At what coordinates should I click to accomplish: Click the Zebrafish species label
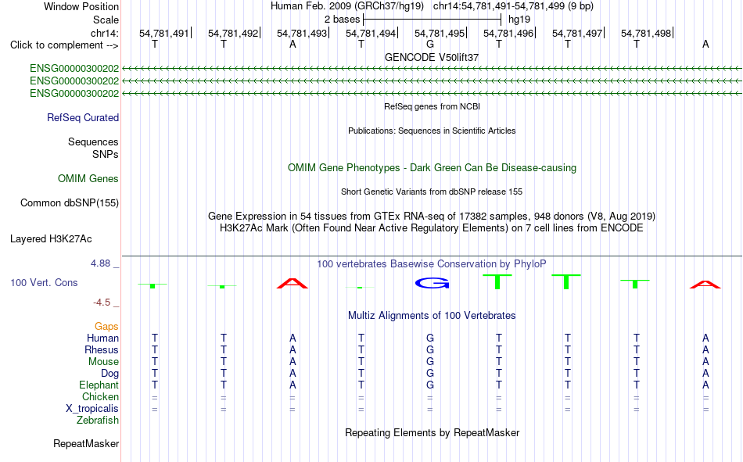[x=98, y=421]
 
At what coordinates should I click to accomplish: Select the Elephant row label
[x=99, y=385]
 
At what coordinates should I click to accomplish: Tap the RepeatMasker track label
[x=86, y=444]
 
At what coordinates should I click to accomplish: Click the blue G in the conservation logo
[x=433, y=283]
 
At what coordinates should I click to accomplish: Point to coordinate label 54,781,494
[x=371, y=33]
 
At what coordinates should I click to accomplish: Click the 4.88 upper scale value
[x=100, y=263]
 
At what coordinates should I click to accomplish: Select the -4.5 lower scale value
[x=102, y=303]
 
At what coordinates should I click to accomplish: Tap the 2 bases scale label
[x=342, y=20]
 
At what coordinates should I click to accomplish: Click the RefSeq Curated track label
[x=83, y=117]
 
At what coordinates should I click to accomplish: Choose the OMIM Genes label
[x=88, y=179]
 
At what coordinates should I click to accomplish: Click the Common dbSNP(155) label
[x=70, y=202]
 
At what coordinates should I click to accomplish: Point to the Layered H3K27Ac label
[x=51, y=239]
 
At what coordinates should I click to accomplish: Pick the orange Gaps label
[x=106, y=327]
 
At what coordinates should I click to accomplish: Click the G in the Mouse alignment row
[x=430, y=361]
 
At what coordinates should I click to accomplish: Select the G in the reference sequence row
[x=430, y=44]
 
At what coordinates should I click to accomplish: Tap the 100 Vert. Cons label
[x=44, y=283]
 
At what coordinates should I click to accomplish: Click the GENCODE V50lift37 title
[x=432, y=57]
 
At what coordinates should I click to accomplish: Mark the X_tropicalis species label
[x=92, y=409]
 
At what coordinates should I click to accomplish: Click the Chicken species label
[x=100, y=396]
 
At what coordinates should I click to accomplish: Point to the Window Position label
[x=81, y=6]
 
